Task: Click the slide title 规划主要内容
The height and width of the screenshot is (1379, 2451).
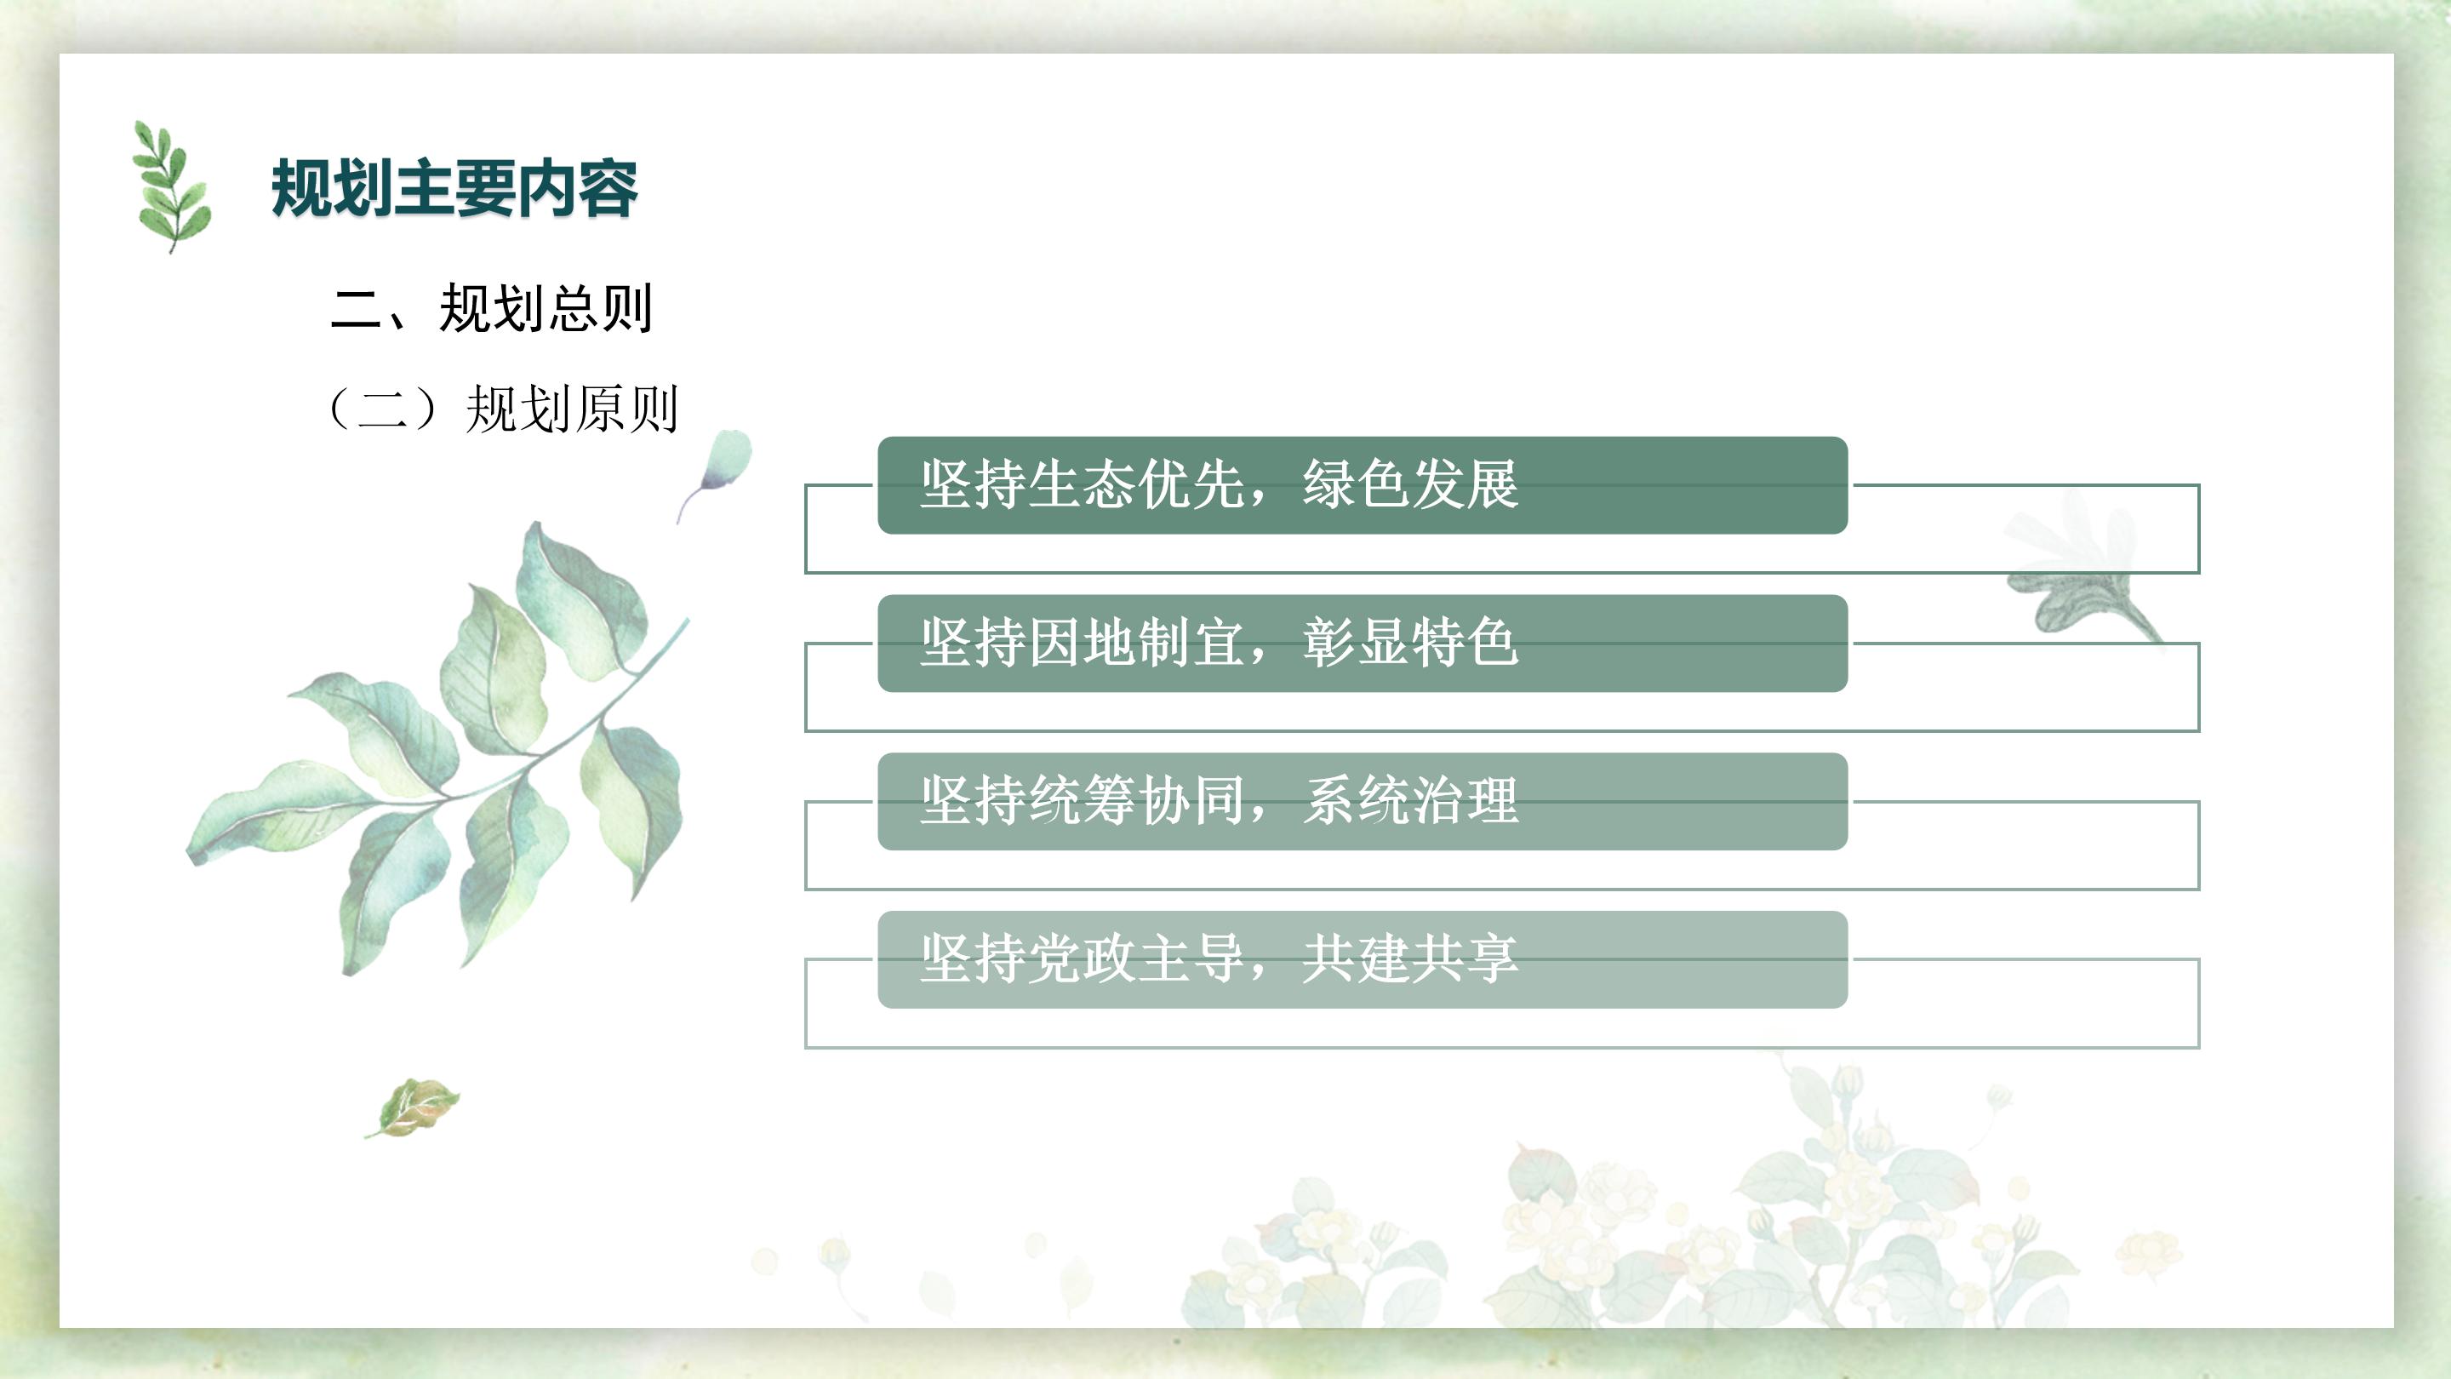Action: click(x=454, y=188)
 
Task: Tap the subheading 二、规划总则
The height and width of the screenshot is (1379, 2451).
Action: click(x=491, y=308)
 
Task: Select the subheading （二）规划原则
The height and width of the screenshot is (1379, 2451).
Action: click(x=501, y=409)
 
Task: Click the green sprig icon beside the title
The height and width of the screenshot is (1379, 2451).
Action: click(x=171, y=186)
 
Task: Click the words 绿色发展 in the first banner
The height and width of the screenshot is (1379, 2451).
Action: click(x=1411, y=484)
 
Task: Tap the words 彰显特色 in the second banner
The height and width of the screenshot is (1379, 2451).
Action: click(x=1411, y=643)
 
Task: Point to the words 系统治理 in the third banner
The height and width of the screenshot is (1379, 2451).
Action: click(x=1411, y=800)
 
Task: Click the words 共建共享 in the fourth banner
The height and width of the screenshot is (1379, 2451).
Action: click(x=1411, y=958)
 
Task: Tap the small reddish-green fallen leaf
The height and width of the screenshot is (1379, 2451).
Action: click(x=413, y=1107)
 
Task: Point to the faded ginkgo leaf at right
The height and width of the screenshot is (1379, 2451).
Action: click(x=2078, y=566)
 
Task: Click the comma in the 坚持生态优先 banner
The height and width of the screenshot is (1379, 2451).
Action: click(x=1261, y=497)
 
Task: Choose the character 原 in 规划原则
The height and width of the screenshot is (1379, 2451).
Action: click(x=599, y=409)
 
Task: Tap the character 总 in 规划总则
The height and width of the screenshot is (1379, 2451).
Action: click(x=572, y=308)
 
